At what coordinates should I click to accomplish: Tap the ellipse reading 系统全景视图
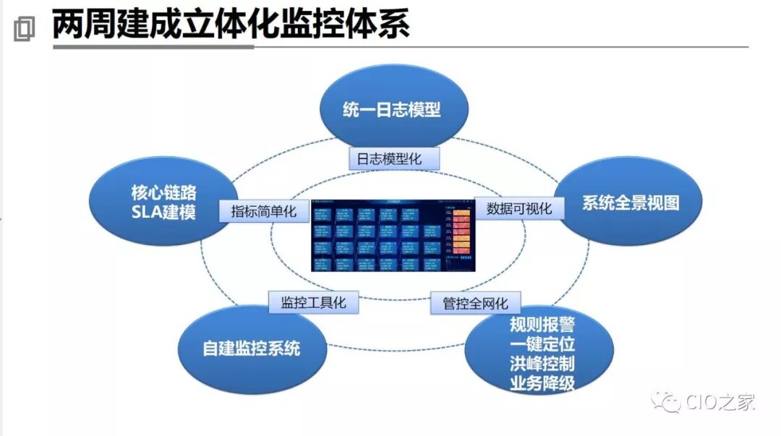pyautogui.click(x=631, y=203)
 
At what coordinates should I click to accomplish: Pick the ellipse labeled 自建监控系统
pyautogui.click(x=251, y=349)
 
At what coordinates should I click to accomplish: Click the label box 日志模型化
pyautogui.click(x=394, y=158)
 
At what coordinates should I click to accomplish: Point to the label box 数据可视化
pyautogui.click(x=518, y=208)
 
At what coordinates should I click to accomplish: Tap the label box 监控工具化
pyautogui.click(x=313, y=302)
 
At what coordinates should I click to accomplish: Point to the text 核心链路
pyautogui.click(x=164, y=193)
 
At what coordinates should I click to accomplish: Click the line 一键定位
pyautogui.click(x=542, y=343)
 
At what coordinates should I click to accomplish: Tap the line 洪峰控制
pyautogui.click(x=542, y=363)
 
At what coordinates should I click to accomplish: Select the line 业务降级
pyautogui.click(x=542, y=383)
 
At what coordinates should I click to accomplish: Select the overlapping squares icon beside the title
pyautogui.click(x=24, y=29)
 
